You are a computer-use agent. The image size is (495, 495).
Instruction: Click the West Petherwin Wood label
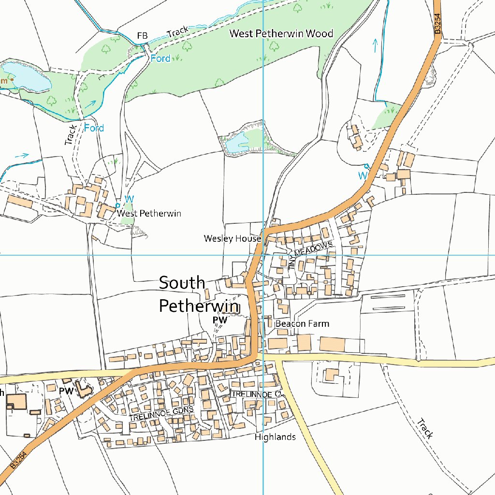coord(281,33)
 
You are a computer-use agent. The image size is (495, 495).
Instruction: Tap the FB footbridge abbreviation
coord(142,35)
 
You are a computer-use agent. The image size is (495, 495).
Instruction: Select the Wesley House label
coord(232,238)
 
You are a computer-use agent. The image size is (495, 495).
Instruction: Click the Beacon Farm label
coord(302,323)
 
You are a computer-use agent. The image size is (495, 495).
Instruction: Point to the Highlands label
coord(275,437)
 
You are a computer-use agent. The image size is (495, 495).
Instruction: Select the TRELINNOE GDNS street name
coord(161,413)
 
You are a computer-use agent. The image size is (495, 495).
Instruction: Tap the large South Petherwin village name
coord(198,294)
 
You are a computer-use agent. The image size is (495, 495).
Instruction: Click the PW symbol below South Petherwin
coord(219,320)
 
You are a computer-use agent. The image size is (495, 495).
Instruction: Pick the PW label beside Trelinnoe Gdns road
coord(66,391)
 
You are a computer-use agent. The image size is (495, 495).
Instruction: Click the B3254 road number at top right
coord(437,23)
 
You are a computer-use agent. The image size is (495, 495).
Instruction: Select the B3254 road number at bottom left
coord(18,460)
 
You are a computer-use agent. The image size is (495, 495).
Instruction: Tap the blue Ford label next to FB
coord(160,58)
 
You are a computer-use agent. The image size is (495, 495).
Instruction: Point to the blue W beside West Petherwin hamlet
coord(129,199)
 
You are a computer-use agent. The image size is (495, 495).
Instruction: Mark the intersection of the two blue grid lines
coord(263,254)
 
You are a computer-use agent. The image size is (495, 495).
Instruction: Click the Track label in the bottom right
coord(425,428)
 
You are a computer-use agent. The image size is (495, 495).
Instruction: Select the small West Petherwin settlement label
coord(149,213)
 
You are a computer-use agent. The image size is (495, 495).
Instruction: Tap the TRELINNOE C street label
coord(255,394)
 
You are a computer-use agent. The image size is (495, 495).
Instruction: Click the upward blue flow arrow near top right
coord(375,45)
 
